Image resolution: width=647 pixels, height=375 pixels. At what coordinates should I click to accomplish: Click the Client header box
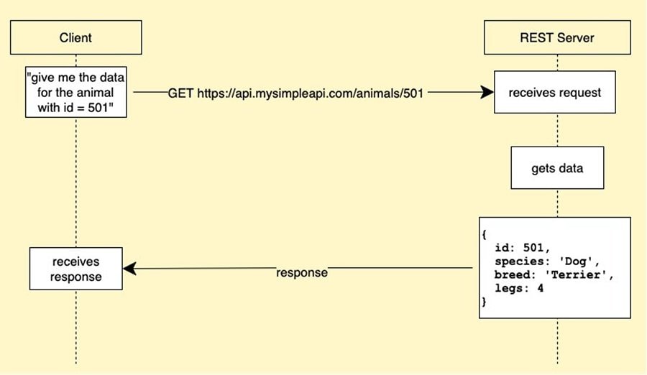[x=75, y=37]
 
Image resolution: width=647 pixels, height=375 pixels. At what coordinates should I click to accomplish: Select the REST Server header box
[x=556, y=37]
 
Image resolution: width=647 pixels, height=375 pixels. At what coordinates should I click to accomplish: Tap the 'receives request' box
[x=555, y=92]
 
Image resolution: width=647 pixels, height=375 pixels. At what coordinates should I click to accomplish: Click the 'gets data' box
[x=557, y=168]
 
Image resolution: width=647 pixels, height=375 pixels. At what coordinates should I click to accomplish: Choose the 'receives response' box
[x=75, y=269]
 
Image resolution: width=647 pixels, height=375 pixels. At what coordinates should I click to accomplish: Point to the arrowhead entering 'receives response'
[x=129, y=269]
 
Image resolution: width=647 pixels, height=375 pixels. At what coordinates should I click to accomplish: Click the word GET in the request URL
[x=181, y=93]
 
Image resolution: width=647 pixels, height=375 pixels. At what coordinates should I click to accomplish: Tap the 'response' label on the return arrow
[x=302, y=273]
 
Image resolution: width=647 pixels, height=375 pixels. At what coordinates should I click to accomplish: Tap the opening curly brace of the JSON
[x=485, y=234]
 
